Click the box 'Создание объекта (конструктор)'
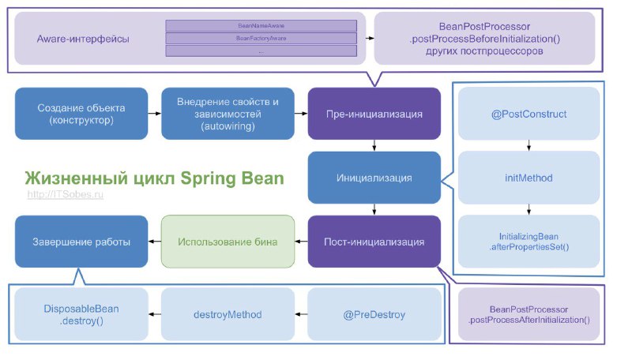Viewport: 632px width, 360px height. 81,114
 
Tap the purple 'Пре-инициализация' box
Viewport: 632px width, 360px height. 374,114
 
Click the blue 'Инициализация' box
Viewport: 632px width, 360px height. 374,178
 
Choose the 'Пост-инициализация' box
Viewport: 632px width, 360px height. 374,242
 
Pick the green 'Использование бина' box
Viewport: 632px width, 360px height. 228,242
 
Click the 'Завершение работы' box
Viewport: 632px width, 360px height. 81,242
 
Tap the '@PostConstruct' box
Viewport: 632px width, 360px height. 529,114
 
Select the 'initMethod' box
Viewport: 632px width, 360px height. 529,178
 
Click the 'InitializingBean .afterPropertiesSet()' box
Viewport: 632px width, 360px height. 529,241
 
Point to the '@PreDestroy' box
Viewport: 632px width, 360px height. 374,315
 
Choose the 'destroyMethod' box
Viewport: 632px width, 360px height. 228,315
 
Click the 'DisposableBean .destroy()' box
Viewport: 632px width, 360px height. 81,315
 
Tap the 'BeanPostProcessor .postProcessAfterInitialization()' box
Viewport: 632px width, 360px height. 529,313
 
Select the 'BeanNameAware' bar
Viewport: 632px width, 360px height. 261,25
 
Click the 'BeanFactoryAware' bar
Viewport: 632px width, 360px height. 261,38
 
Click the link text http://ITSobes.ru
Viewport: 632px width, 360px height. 66,194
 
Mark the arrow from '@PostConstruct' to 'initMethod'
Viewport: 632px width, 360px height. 529,144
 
